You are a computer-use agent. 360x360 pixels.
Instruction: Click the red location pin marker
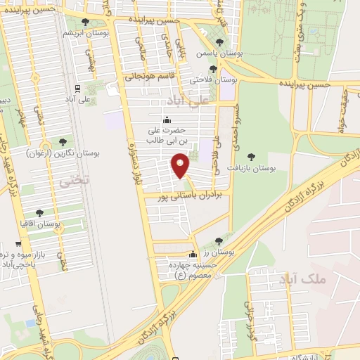click(181, 166)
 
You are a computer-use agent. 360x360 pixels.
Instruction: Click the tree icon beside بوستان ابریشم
click(85, 22)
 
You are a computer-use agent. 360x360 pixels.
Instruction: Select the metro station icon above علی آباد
click(77, 89)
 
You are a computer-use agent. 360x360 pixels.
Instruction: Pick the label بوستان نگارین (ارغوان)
click(63, 152)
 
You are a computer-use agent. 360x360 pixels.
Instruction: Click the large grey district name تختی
click(75, 180)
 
